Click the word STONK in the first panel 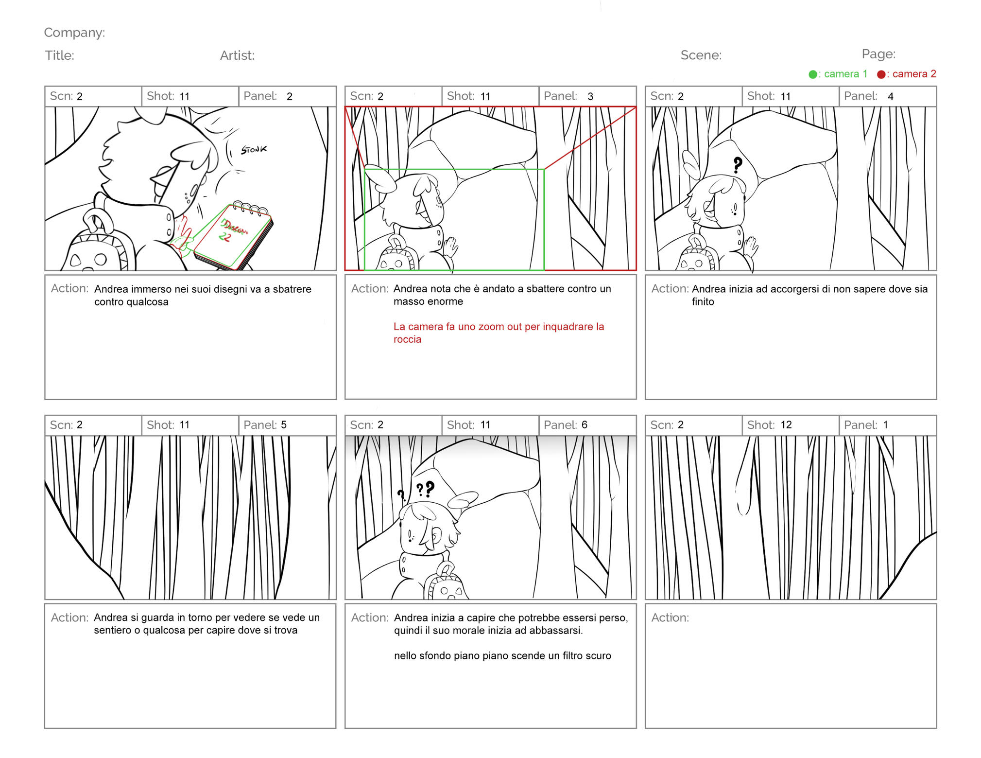click(254, 150)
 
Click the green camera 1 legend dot click(812, 74)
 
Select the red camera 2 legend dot click(881, 74)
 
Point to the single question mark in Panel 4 click(738, 165)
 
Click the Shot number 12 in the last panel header click(786, 425)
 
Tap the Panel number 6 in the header click(585, 425)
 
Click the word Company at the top click(74, 33)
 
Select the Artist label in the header click(237, 55)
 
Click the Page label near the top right click(878, 54)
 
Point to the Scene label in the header click(701, 55)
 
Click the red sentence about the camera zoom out click(499, 333)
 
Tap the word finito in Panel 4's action click(703, 302)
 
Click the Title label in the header click(60, 55)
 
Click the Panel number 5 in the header click(284, 425)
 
